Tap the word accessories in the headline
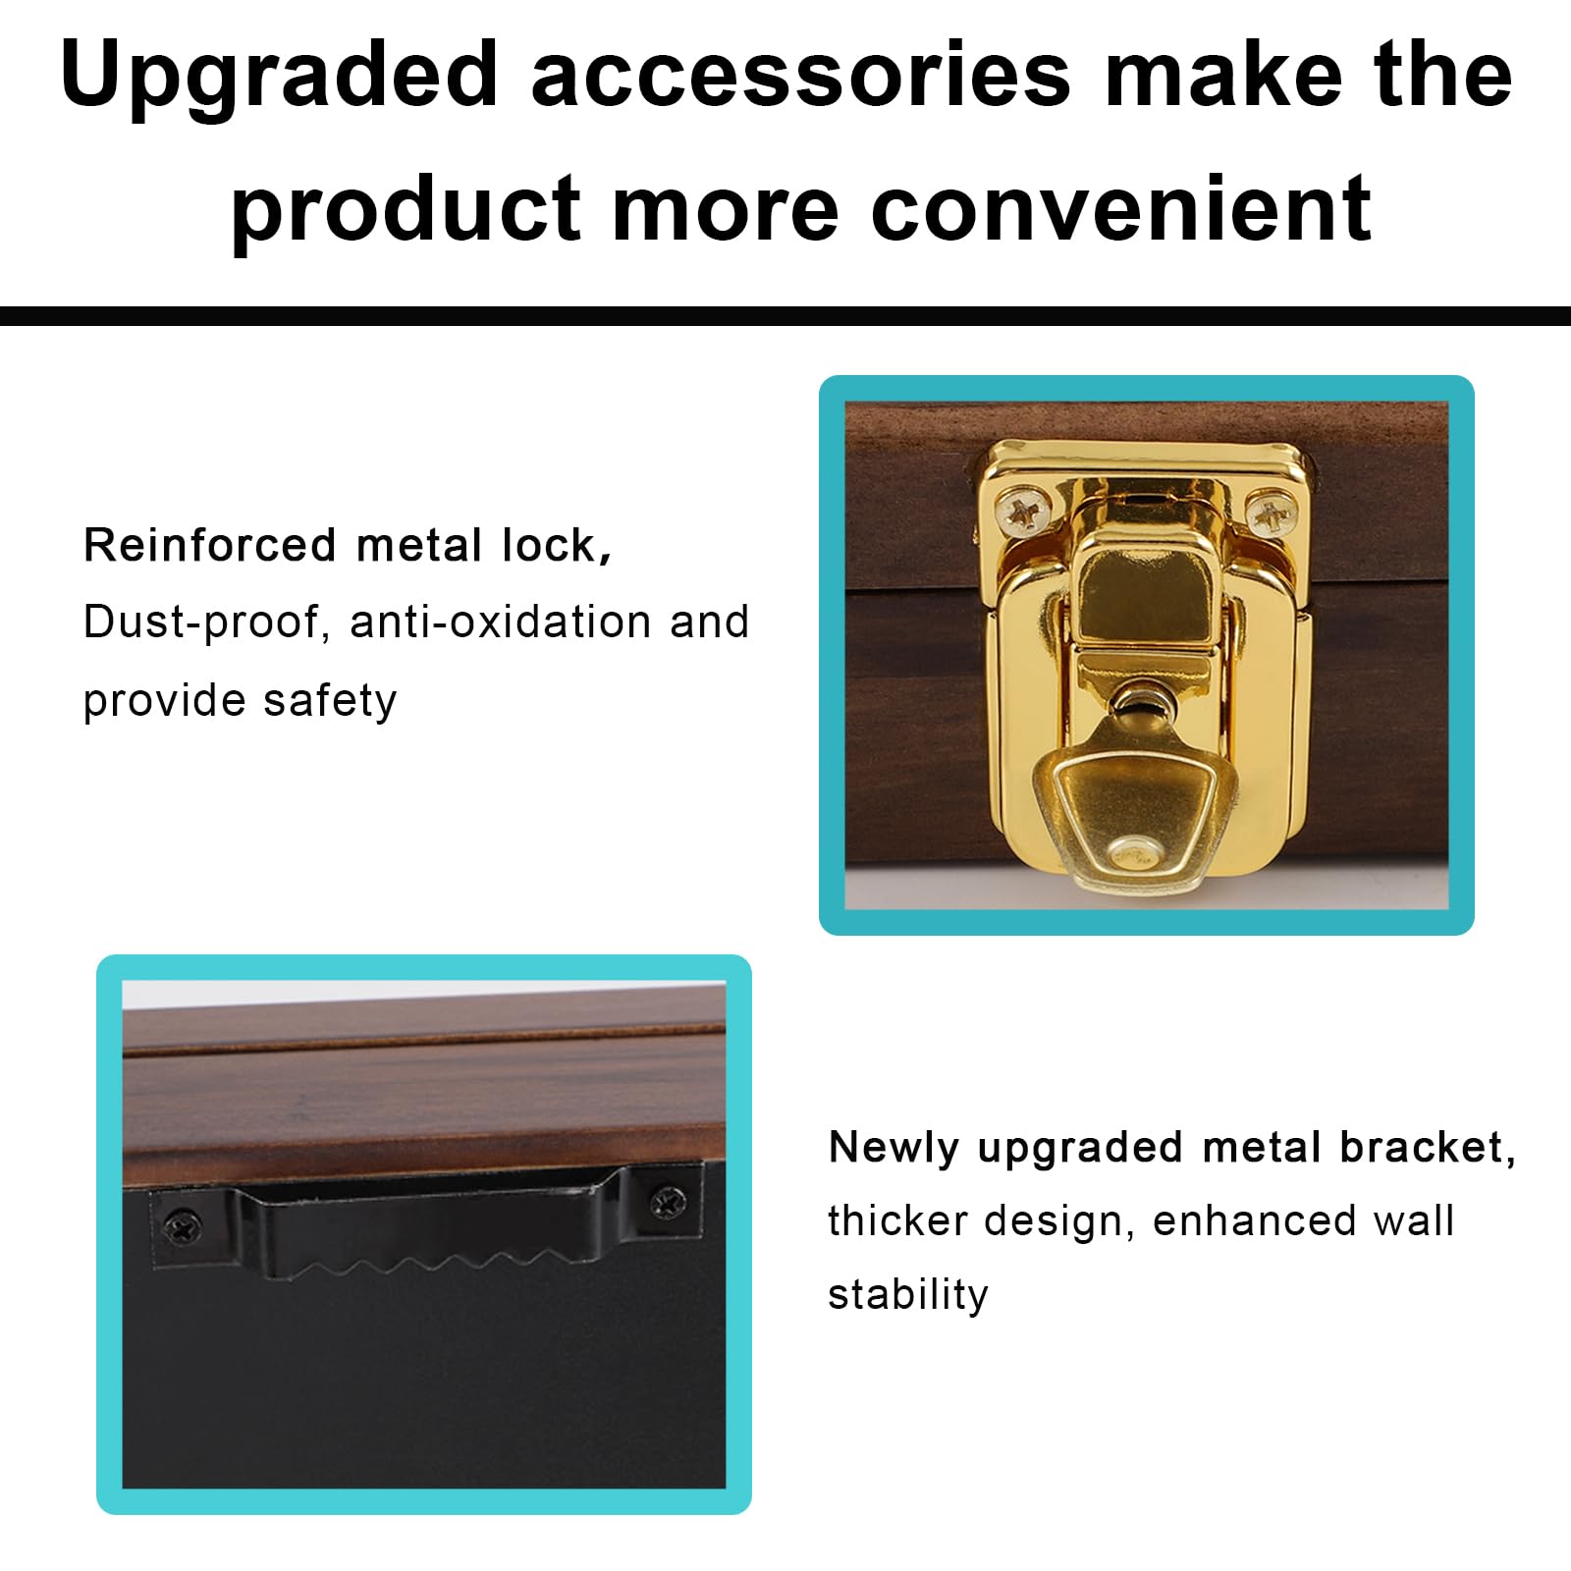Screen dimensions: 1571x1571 click(x=800, y=77)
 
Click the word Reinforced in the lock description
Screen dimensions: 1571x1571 click(x=209, y=545)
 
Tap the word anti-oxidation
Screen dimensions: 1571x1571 click(x=501, y=622)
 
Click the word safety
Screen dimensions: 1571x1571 click(x=330, y=701)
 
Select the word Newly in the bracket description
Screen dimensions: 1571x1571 click(x=894, y=1148)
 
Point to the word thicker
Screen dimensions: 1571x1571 click(x=897, y=1221)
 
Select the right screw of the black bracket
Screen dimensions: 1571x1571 click(x=669, y=1200)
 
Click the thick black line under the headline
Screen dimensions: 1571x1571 click(x=785, y=316)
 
